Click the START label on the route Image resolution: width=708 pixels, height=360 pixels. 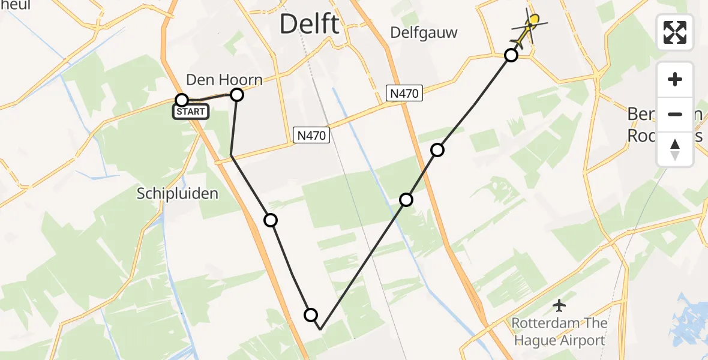click(x=191, y=112)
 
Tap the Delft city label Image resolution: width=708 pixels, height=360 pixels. click(x=309, y=25)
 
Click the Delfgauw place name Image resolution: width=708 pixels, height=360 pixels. click(x=424, y=32)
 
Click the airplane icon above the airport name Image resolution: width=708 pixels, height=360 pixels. click(x=559, y=306)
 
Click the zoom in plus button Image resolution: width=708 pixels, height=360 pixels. click(x=675, y=79)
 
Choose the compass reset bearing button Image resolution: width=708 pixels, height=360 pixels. click(x=675, y=149)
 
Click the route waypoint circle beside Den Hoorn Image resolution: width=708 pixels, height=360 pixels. click(x=237, y=95)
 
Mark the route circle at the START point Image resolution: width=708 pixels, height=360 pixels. click(x=182, y=100)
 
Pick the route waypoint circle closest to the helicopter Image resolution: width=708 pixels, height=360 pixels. click(x=511, y=56)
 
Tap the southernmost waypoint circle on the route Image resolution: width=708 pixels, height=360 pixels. click(x=311, y=314)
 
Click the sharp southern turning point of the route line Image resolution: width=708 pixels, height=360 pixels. click(x=321, y=329)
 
